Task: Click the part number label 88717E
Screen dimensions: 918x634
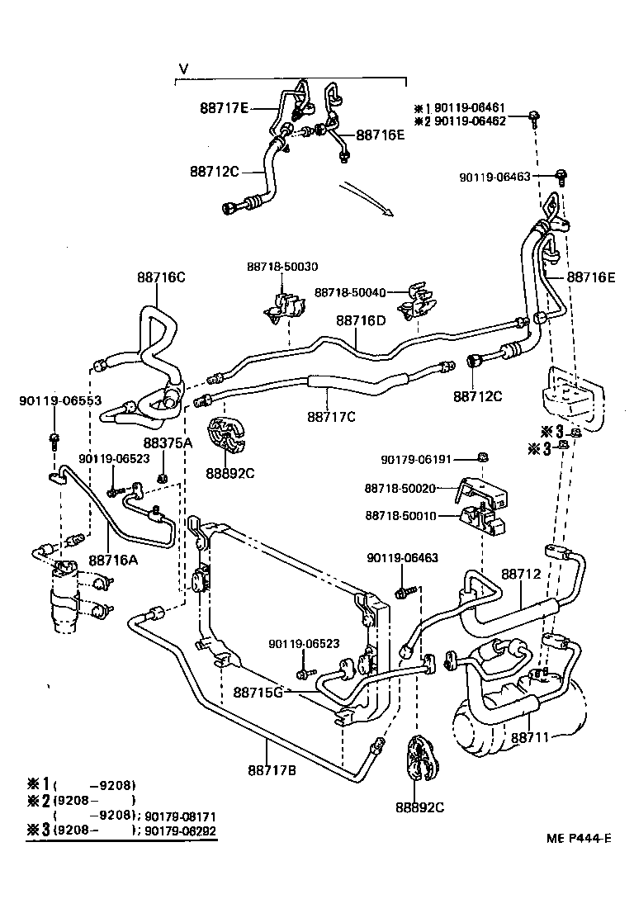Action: [x=224, y=107]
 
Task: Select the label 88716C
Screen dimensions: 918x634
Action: [x=161, y=277]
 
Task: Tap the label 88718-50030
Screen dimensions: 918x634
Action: [x=282, y=266]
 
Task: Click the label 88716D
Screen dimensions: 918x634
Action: [x=361, y=320]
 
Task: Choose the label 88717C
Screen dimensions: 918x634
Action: [x=331, y=417]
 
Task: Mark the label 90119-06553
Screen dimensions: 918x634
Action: [x=60, y=400]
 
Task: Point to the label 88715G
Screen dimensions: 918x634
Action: [x=258, y=692]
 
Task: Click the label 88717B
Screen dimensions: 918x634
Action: [x=272, y=771]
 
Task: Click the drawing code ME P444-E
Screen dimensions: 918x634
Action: [x=577, y=840]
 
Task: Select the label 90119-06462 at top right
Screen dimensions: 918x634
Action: [x=471, y=121]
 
